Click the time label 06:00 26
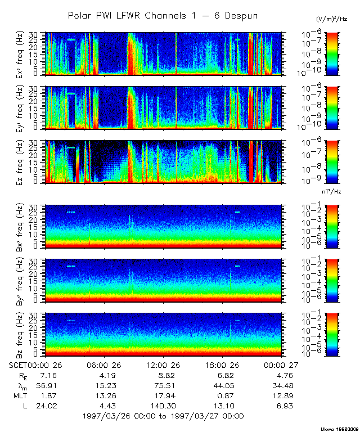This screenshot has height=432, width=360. (105, 365)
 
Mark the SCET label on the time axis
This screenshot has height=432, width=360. (19, 365)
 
